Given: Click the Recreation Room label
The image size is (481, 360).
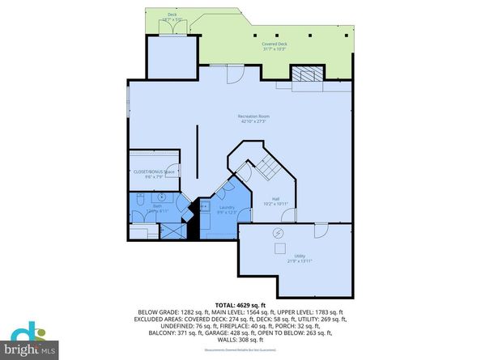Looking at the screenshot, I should click(253, 117).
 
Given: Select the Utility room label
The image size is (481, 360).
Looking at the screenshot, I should click(299, 256).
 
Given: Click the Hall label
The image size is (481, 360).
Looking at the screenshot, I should click(275, 199).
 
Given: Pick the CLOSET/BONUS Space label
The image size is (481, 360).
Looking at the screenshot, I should click(153, 172).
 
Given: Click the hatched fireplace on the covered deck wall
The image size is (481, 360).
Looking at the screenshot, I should click(307, 75).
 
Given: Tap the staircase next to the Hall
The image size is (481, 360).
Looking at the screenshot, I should click(267, 168).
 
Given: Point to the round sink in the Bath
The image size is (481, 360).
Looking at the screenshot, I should click(160, 197).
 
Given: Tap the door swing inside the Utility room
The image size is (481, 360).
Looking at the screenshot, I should click(321, 231).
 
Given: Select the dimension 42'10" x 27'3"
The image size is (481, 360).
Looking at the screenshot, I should click(253, 123).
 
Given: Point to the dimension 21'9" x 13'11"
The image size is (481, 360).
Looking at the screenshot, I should click(299, 261).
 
